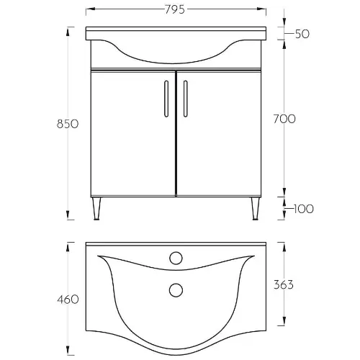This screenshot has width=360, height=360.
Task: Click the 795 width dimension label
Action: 175,9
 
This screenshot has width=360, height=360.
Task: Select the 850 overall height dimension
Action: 68,124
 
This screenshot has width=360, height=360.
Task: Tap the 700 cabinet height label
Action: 284,119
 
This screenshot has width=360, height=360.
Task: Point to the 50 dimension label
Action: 302,34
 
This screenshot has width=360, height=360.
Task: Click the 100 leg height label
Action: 304,209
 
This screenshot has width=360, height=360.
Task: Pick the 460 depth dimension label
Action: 68,300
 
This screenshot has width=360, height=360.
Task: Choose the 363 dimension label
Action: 284,284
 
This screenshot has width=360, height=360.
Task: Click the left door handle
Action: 166,99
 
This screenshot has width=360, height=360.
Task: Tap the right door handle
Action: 185,99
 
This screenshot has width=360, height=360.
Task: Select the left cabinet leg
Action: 96,208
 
